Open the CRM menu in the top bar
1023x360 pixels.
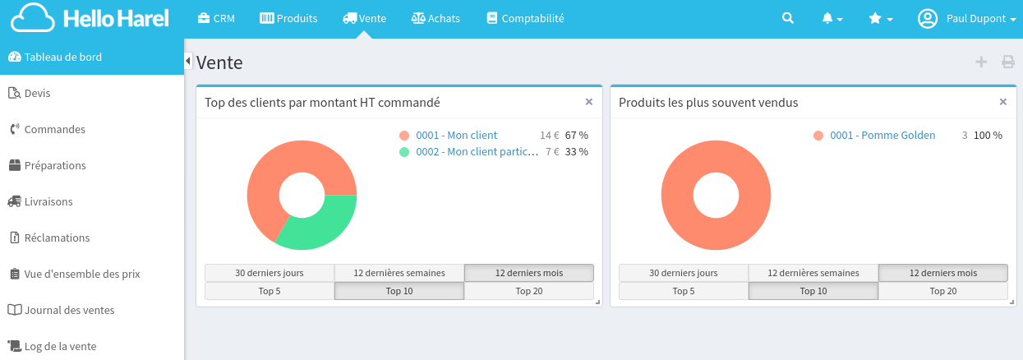tap(216, 18)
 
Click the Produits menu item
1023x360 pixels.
tap(288, 18)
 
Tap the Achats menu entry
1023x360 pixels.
tap(435, 18)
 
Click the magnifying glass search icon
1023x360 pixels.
tap(788, 18)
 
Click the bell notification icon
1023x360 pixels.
tap(832, 18)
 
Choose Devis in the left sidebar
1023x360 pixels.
tap(37, 93)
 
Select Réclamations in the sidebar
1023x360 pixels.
tap(57, 238)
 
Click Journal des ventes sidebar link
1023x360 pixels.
tap(69, 310)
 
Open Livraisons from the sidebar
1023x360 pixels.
tap(48, 201)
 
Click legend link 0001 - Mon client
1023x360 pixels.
tap(456, 135)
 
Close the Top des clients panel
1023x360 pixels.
tap(588, 102)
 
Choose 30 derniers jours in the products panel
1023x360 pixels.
tap(683, 273)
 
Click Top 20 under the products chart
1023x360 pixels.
tap(942, 291)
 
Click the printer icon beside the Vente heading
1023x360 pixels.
tap(1007, 62)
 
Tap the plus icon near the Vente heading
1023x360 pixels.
tap(980, 62)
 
